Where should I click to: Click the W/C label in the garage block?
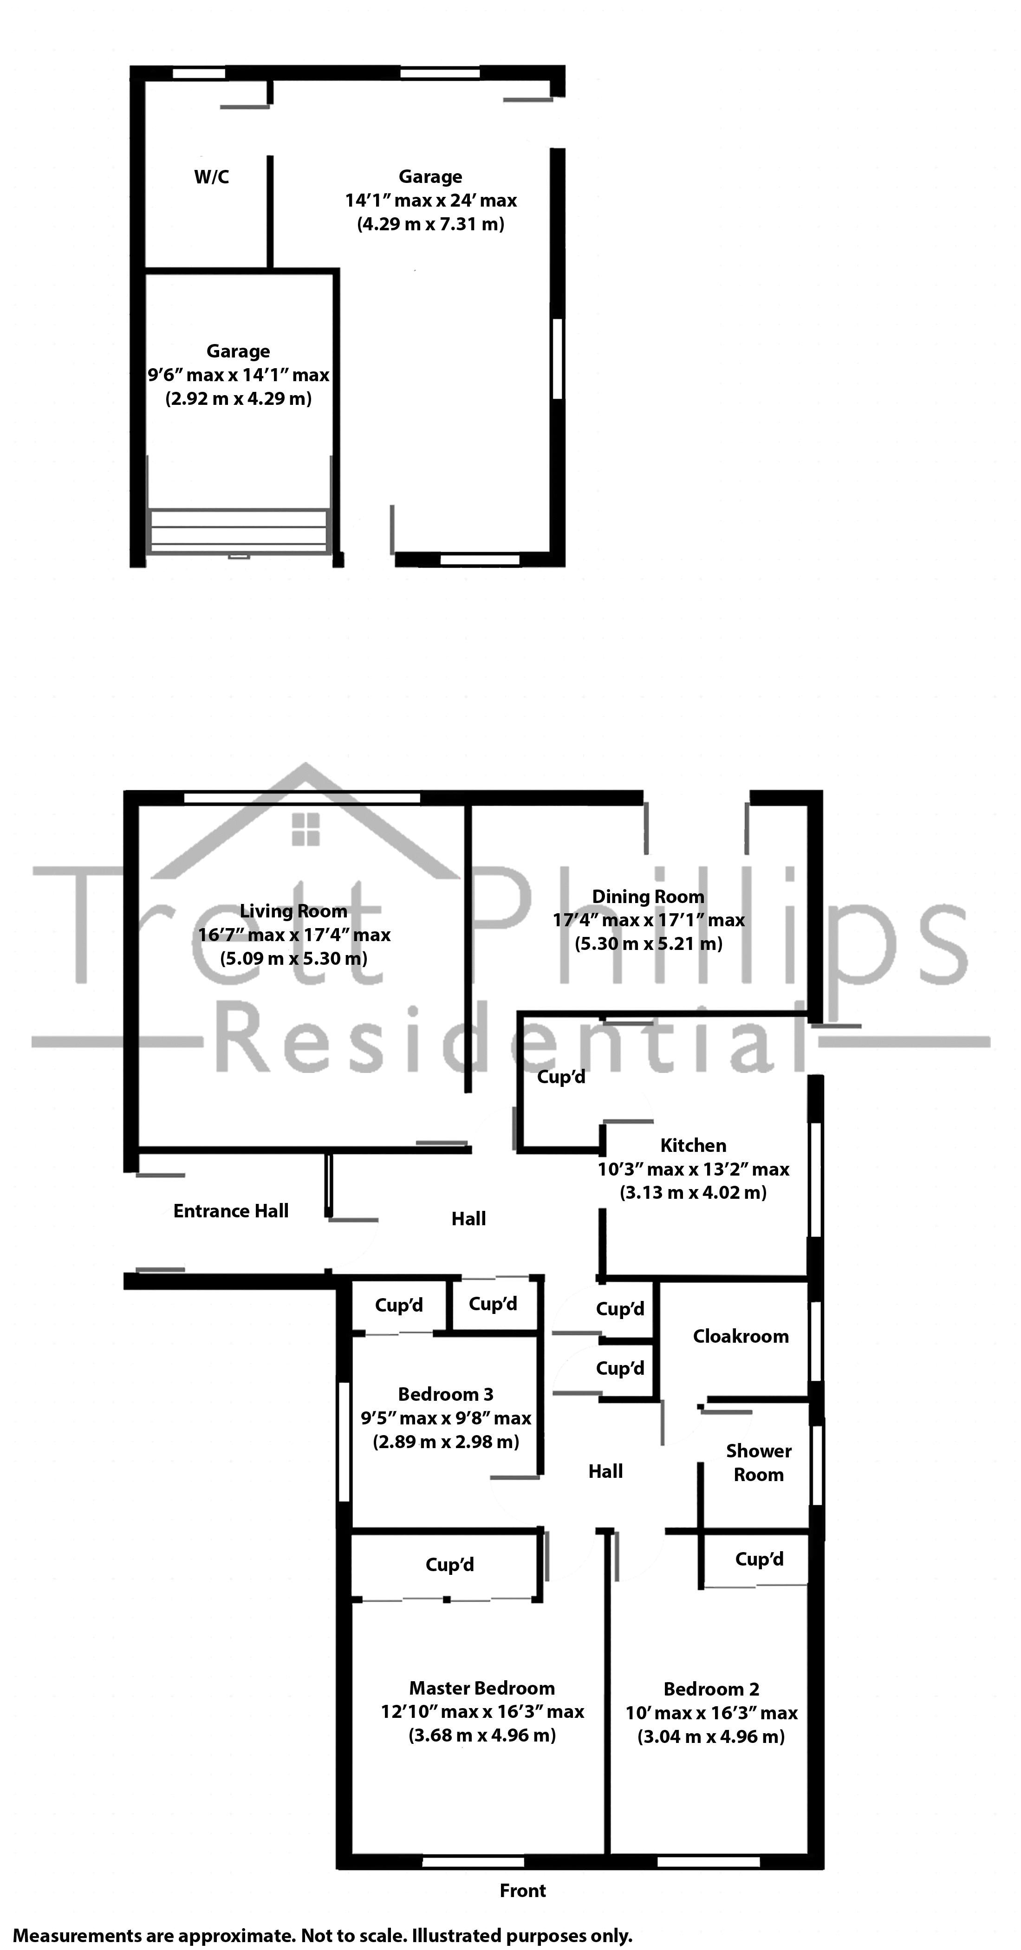[211, 177]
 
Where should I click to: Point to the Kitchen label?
[693, 1145]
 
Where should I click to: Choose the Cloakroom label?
[740, 1336]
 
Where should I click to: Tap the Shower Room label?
[758, 1462]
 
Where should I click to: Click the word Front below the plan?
[522, 1890]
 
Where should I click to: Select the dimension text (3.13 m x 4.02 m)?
[693, 1192]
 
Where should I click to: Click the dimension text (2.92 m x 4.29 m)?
[238, 399]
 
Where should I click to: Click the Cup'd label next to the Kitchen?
[561, 1076]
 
